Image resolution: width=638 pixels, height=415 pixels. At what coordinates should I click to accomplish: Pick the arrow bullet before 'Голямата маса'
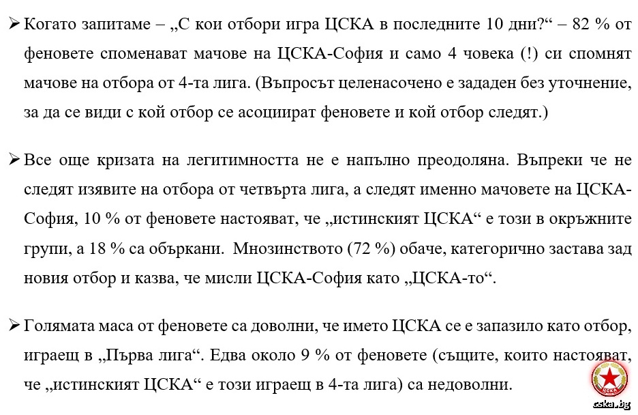tap(14, 326)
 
